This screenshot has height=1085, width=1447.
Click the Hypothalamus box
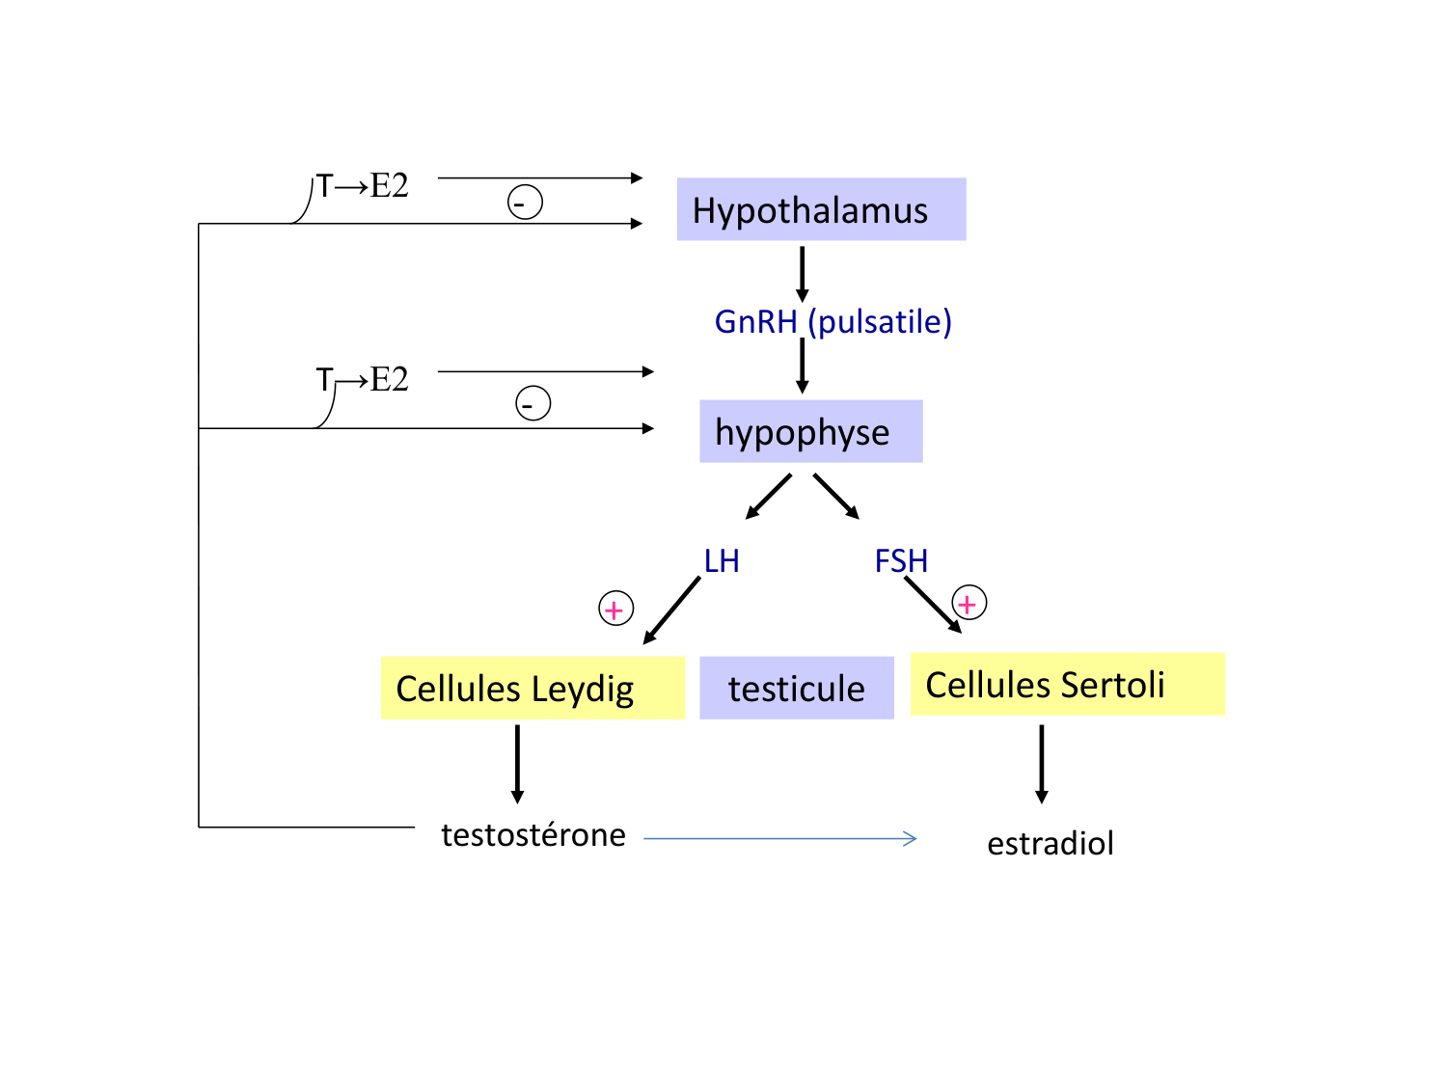(x=821, y=209)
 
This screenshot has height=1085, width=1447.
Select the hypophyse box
(x=810, y=431)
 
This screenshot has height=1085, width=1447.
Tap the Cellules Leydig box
(x=532, y=688)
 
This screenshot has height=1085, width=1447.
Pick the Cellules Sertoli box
(x=1067, y=684)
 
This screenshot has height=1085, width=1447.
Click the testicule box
(x=797, y=688)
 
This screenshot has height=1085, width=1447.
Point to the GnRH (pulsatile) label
(x=833, y=321)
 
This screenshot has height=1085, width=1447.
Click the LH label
(x=722, y=560)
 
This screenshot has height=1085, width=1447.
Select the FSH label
(x=901, y=560)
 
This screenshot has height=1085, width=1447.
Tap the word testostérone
(x=533, y=834)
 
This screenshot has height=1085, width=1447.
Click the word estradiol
(x=1051, y=843)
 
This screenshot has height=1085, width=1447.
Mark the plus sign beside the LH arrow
(x=615, y=610)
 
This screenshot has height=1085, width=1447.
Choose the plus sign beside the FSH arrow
(x=969, y=604)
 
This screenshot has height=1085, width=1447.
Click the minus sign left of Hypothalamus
(x=525, y=203)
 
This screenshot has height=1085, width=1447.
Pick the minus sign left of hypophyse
(x=532, y=403)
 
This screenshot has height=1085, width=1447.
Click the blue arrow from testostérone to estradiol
(x=779, y=839)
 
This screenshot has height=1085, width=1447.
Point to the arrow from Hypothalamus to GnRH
(x=802, y=274)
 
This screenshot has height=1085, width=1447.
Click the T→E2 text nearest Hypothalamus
(x=363, y=185)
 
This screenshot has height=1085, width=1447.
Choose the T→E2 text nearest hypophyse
(x=363, y=379)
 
